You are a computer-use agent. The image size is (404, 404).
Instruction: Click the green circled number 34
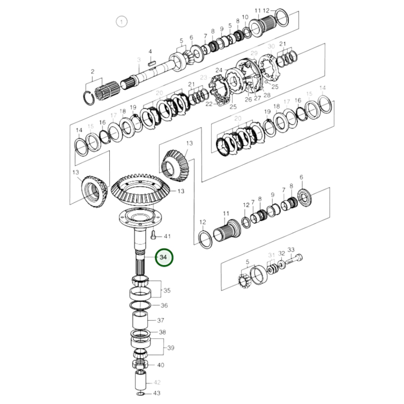pos(164,257)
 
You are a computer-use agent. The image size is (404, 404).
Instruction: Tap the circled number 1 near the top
pos(121,22)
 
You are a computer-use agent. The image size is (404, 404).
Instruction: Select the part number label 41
pos(167,237)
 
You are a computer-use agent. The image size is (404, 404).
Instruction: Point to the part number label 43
pos(157,393)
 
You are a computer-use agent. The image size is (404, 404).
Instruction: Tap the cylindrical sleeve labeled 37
pos(140,320)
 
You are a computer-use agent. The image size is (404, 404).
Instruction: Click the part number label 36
pos(164,305)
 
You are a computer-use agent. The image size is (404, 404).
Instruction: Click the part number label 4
pos(150,51)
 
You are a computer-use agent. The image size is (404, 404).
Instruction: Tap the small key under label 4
pos(152,63)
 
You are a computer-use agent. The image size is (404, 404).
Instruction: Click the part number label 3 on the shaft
pos(139,60)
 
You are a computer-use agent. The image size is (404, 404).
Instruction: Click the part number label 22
pos(209,104)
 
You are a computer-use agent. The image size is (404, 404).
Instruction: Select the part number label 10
pos(245,17)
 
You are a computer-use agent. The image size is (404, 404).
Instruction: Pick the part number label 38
pos(162,332)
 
